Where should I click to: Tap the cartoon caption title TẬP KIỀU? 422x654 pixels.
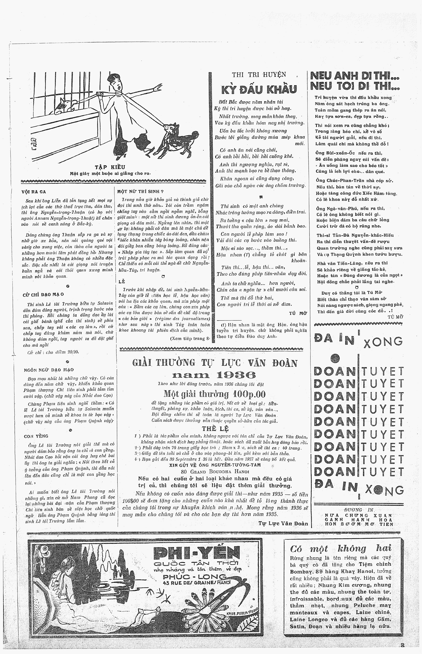click(x=110, y=167)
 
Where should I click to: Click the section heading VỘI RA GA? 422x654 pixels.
click(x=34, y=192)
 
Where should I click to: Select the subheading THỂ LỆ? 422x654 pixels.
click(x=215, y=428)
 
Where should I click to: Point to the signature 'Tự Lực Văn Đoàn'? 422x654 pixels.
click(x=283, y=523)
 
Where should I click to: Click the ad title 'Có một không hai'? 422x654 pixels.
click(x=341, y=548)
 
